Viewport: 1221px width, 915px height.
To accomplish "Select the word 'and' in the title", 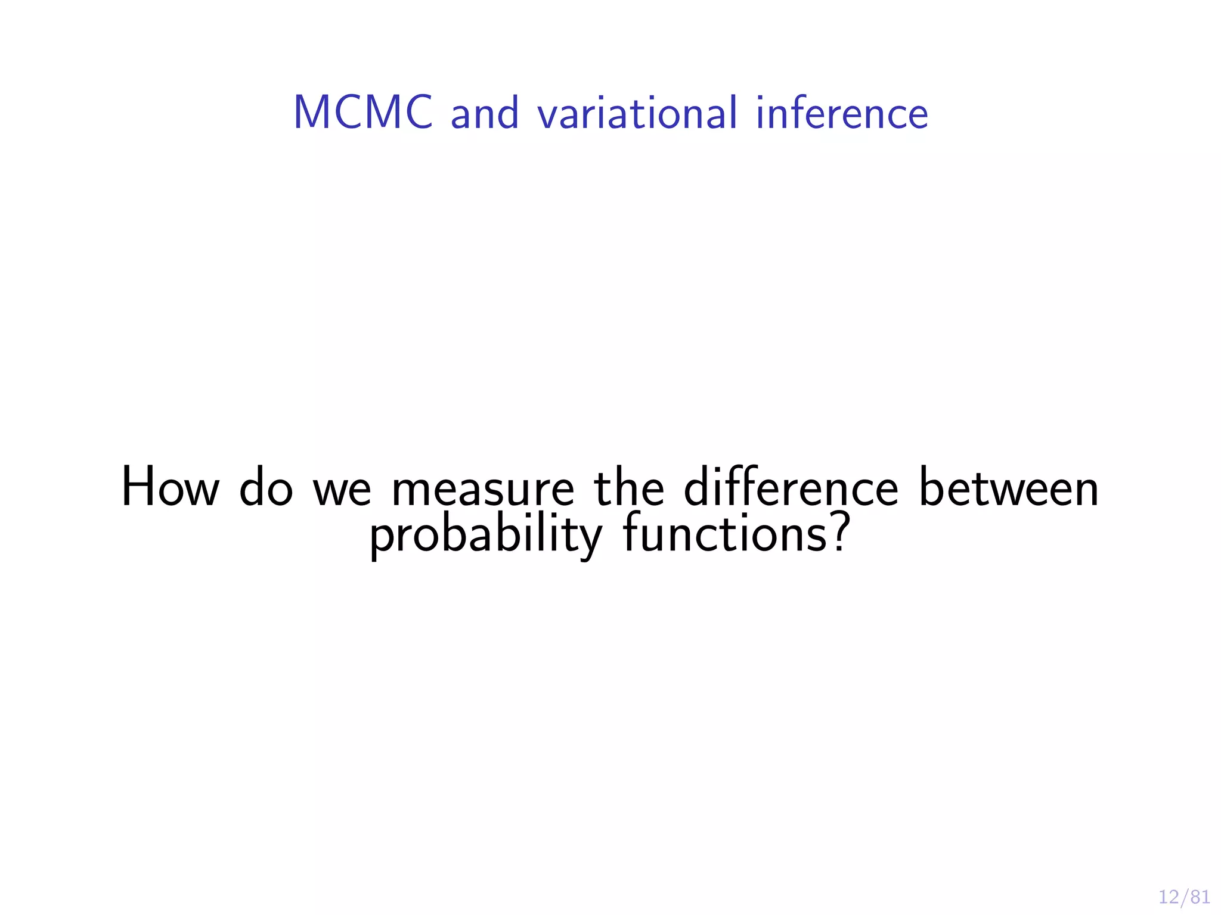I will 484,113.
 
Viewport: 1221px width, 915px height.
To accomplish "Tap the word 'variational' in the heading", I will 637,113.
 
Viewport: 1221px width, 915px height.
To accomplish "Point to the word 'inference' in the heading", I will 842,113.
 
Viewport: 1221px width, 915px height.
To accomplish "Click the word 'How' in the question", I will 170,488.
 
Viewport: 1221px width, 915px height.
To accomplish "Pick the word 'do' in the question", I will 266,488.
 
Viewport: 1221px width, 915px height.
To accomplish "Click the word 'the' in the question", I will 628,488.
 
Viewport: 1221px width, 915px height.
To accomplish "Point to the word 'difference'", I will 791,488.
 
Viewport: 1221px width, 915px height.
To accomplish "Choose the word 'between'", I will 1008,488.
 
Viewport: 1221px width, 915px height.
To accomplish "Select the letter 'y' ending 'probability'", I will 591,539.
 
